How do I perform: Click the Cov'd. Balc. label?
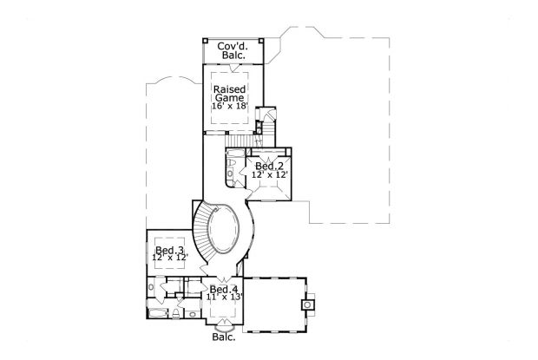point(232,49)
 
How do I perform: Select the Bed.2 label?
point(269,166)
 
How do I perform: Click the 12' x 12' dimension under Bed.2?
point(269,174)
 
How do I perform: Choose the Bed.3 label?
point(168,251)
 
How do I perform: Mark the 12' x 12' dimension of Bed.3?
point(168,259)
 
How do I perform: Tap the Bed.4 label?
point(224,289)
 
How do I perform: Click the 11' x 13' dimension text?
point(224,297)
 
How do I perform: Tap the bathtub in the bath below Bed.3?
point(155,311)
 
